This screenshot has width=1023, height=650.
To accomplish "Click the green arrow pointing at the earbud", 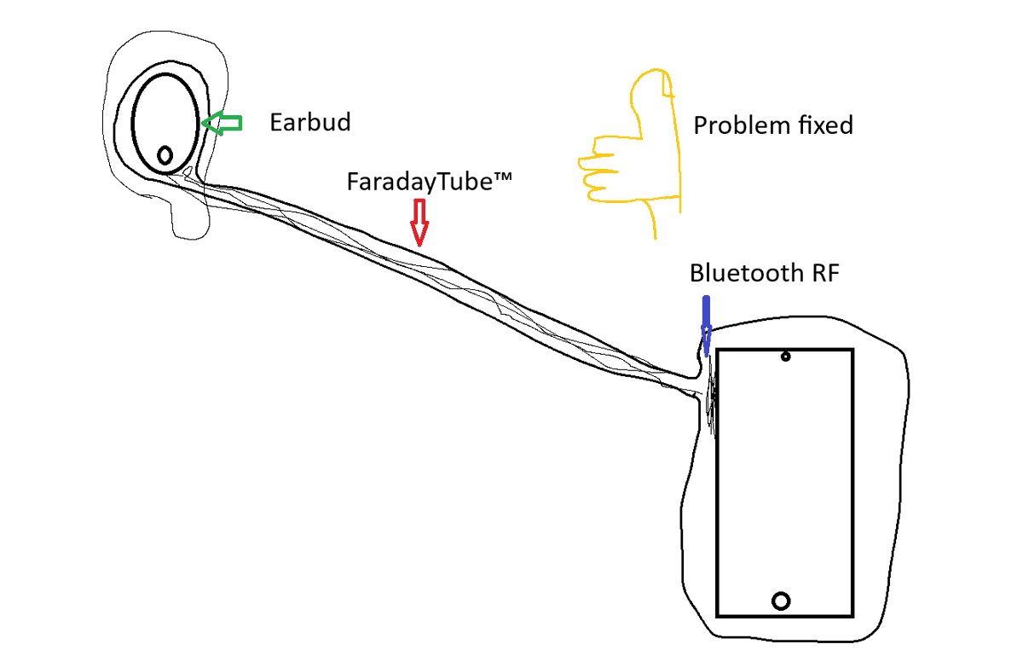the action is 222,123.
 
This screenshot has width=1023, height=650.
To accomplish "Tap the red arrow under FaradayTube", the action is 419,223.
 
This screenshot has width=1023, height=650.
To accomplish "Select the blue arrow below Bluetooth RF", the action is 706,326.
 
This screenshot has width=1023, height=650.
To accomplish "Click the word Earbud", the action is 310,123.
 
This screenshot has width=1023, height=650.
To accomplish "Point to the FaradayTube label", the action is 430,182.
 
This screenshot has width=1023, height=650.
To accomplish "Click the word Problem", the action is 743,125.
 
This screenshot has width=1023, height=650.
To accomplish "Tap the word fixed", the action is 826,125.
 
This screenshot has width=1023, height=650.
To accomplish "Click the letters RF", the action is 824,273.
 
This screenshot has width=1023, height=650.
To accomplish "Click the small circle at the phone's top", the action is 785,357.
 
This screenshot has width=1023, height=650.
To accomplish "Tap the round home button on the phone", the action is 781,601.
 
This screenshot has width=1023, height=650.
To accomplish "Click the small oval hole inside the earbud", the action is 165,155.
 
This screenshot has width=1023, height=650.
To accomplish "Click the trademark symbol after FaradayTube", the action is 502,177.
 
